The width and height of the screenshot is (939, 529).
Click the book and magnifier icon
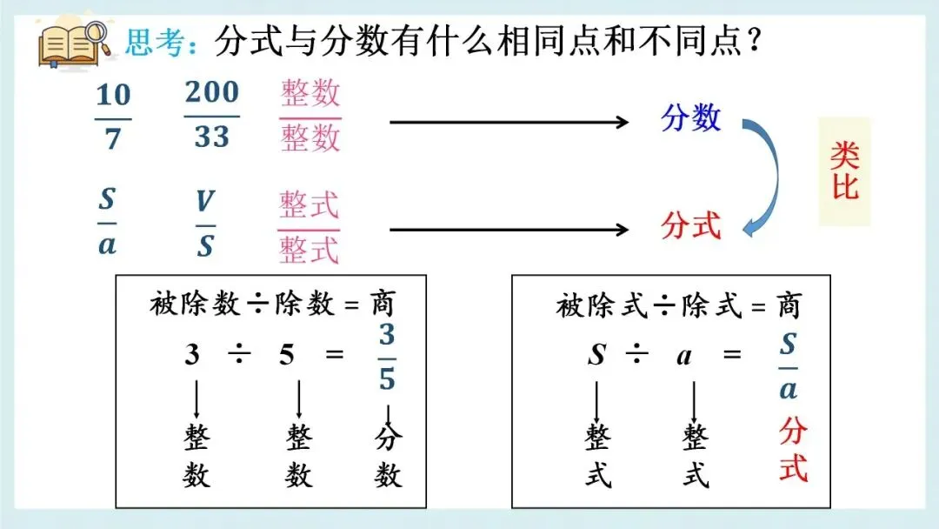pyautogui.click(x=73, y=44)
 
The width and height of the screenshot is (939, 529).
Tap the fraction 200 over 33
pyautogui.click(x=211, y=115)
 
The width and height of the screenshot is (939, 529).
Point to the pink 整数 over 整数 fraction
pyautogui.click(x=310, y=117)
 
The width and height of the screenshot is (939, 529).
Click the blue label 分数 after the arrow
pyautogui.click(x=691, y=117)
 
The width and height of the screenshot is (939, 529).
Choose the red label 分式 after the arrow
pyautogui.click(x=691, y=226)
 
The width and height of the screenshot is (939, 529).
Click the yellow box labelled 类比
pyautogui.click(x=844, y=171)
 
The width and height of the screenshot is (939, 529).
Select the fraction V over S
pyautogui.click(x=205, y=224)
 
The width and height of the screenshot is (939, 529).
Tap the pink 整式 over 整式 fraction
pyautogui.click(x=309, y=227)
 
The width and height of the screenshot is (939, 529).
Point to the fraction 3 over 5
pyautogui.click(x=387, y=357)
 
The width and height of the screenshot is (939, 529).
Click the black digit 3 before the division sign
pyautogui.click(x=192, y=355)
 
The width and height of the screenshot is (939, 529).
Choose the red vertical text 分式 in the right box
pyautogui.click(x=793, y=450)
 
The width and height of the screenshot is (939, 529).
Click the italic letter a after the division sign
pyautogui.click(x=685, y=356)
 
